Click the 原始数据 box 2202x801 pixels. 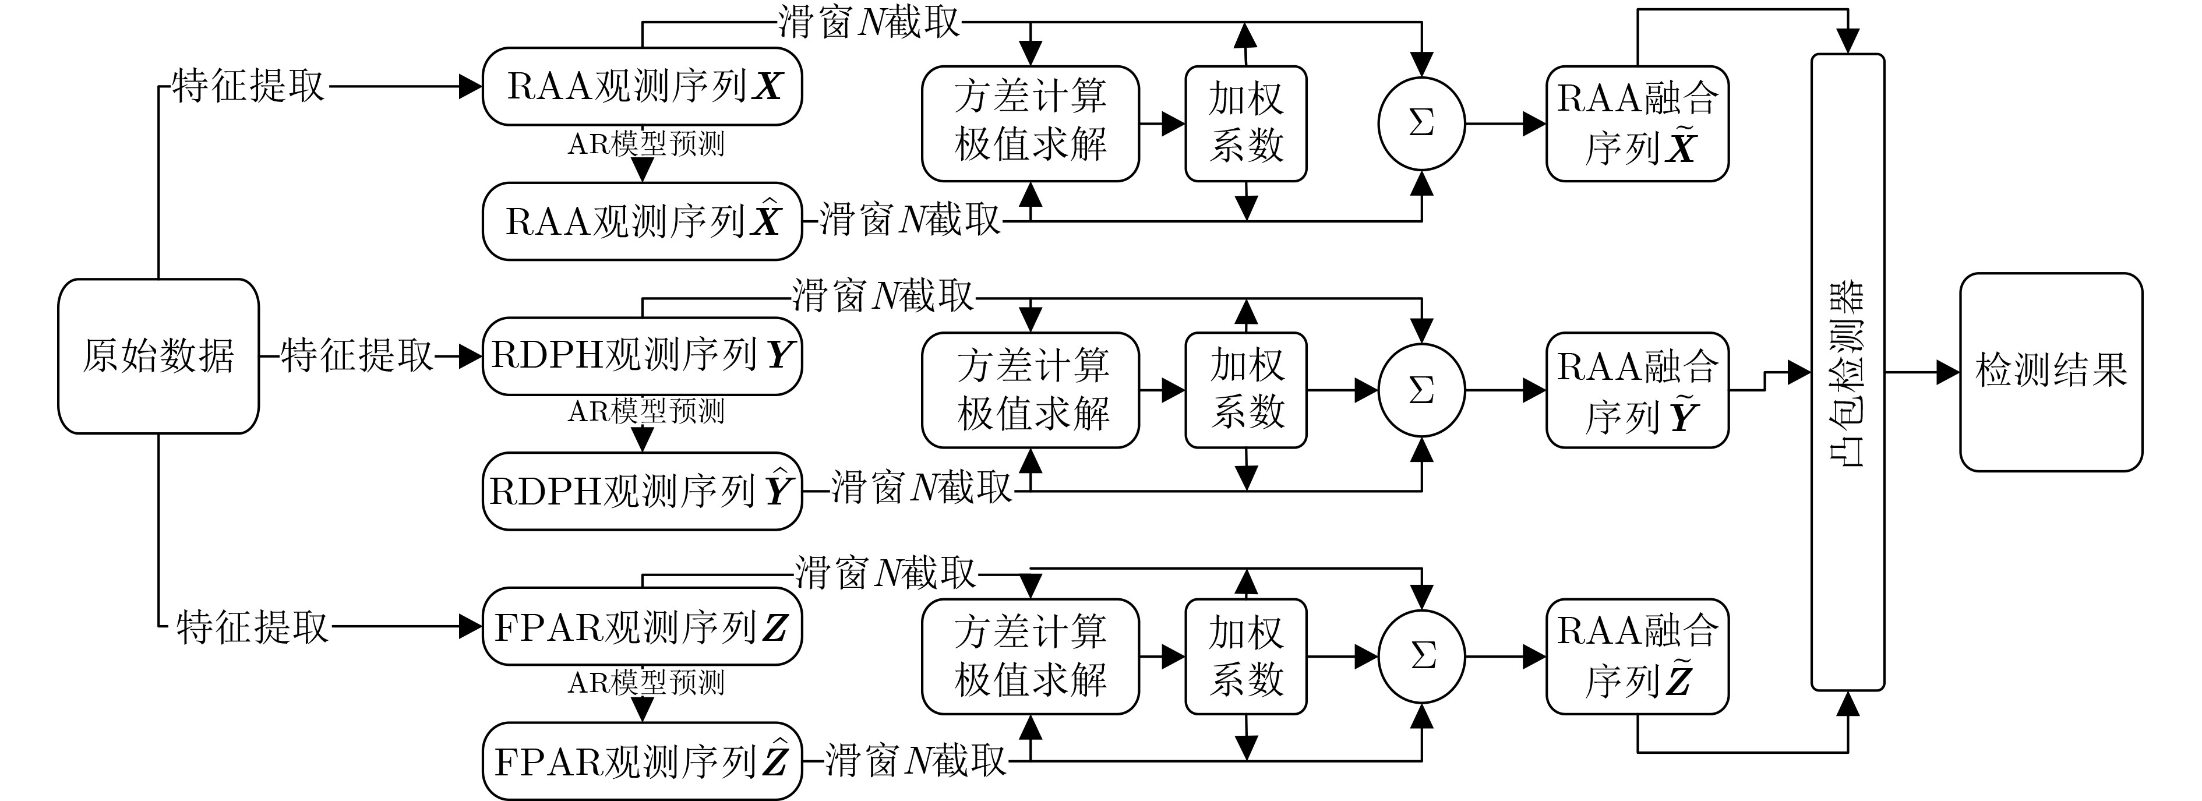pos(158,355)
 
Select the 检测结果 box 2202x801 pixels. pos(2051,372)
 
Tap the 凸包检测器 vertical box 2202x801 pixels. pos(1847,372)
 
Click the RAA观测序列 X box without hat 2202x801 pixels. pos(642,86)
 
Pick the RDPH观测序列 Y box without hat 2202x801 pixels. pos(642,355)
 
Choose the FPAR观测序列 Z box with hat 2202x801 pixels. pos(642,761)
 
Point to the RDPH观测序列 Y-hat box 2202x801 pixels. pos(642,491)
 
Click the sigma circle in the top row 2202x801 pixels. pos(1421,124)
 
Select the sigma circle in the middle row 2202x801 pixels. pos(1421,391)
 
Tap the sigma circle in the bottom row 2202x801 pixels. pos(1421,657)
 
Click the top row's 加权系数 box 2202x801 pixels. pos(1245,124)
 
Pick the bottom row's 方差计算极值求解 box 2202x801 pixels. pos(1030,657)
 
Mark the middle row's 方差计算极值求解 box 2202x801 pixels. pos(1030,391)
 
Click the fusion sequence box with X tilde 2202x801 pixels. pos(1637,124)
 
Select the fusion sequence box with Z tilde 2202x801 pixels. pos(1637,657)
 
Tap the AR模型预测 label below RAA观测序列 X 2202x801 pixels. pos(646,144)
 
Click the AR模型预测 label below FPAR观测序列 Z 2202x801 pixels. pos(646,682)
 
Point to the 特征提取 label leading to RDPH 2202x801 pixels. pos(357,355)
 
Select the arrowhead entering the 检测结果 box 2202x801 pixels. pos(1948,372)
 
